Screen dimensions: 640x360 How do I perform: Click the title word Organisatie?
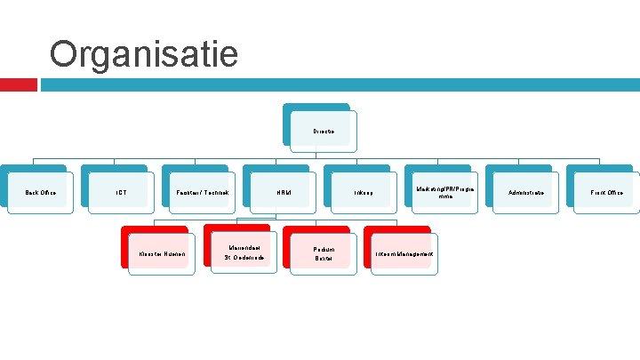[x=144, y=54]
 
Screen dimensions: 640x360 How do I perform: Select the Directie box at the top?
[x=324, y=131]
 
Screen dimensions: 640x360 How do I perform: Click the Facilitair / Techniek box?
[x=202, y=192]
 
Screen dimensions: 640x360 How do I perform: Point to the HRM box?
[x=284, y=192]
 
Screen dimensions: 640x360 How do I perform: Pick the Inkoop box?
[x=364, y=192]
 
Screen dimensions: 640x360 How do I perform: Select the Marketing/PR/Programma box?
[x=445, y=192]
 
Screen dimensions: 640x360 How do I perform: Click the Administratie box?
[x=526, y=192]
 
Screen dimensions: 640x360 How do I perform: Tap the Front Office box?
[x=608, y=192]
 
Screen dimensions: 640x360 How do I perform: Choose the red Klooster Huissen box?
[x=161, y=254]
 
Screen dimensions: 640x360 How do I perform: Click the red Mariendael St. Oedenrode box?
[x=243, y=252]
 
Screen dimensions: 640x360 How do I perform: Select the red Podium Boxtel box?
[x=324, y=254]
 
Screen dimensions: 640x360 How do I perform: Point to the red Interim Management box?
[x=404, y=254]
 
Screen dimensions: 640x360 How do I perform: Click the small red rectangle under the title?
[x=18, y=84]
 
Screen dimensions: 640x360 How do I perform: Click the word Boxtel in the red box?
[x=324, y=259]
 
